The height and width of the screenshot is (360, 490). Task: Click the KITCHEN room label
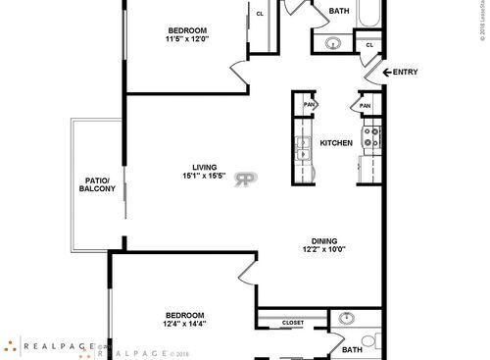click(336, 143)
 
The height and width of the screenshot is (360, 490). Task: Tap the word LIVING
click(204, 167)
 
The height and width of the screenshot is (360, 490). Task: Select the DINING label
click(323, 239)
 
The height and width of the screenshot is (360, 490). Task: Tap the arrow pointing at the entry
click(386, 73)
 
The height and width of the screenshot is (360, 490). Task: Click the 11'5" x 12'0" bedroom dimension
click(187, 39)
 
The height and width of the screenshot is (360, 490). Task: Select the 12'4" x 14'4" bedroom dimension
click(183, 324)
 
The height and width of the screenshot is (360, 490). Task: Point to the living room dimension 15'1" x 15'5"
click(204, 177)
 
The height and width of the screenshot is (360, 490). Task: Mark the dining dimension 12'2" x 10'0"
click(323, 249)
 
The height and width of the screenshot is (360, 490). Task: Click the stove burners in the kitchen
click(371, 138)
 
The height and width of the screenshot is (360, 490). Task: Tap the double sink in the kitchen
click(303, 148)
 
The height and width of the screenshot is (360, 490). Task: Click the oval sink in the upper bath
click(331, 44)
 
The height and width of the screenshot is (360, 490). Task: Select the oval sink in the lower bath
click(345, 319)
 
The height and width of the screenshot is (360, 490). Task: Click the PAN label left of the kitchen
click(309, 105)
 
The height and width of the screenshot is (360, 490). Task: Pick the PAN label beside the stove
click(365, 106)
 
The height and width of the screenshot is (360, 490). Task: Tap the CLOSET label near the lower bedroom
click(292, 323)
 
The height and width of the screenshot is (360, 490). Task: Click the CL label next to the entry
click(369, 45)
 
